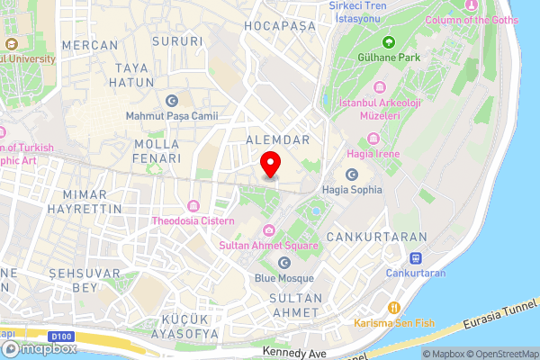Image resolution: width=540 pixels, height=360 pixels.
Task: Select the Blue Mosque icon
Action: (x=284, y=262)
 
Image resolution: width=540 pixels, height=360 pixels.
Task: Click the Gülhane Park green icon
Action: (x=389, y=41)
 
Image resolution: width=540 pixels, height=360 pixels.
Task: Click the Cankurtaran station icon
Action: (x=415, y=258)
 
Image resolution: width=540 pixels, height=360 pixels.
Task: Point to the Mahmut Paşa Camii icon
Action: (x=172, y=101)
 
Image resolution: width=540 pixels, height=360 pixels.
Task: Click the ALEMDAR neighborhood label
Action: (x=277, y=139)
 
